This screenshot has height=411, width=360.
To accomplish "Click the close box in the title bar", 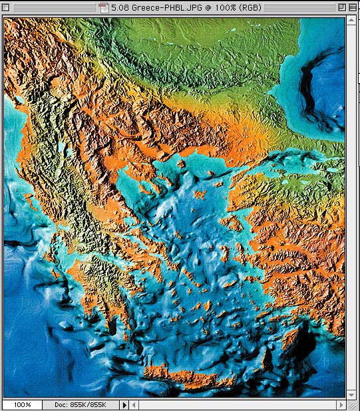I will (x=9, y=7).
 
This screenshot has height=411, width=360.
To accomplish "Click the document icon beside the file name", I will (x=103, y=7).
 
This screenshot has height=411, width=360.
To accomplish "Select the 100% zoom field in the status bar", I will (x=22, y=404).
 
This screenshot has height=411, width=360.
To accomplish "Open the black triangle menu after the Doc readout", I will (x=124, y=404).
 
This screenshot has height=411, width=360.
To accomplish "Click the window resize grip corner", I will (x=353, y=404).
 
